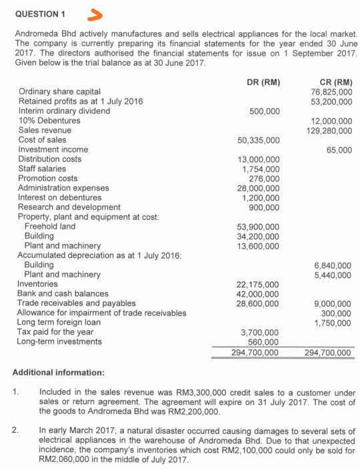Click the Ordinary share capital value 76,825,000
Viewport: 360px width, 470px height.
(x=331, y=92)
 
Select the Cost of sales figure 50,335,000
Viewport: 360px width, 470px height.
(x=258, y=141)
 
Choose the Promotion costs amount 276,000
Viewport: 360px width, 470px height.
(x=263, y=179)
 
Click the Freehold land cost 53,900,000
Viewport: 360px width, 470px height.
(x=258, y=227)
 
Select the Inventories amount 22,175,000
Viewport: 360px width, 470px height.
(x=258, y=285)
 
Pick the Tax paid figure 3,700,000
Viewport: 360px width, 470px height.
(x=261, y=332)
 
